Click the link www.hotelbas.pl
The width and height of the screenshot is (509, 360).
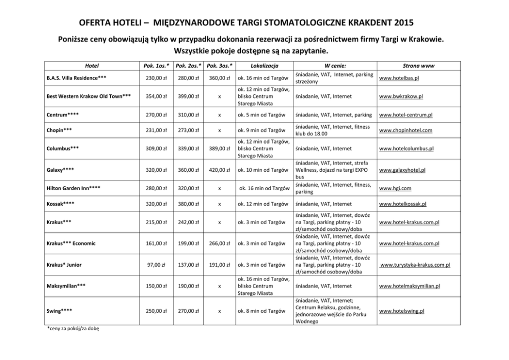400,79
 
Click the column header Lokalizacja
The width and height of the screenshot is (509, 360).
264,66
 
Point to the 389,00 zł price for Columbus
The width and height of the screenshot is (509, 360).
219,149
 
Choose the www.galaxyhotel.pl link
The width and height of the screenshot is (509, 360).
402,170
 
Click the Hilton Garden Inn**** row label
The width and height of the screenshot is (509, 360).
73,188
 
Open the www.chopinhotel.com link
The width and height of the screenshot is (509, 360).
405,130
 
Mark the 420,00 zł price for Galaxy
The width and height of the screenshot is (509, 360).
219,170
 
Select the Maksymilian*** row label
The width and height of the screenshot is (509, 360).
65,286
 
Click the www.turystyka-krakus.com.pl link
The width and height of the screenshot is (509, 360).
415,265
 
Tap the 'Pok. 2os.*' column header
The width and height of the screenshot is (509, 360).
187,66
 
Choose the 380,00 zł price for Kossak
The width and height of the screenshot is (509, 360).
187,204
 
